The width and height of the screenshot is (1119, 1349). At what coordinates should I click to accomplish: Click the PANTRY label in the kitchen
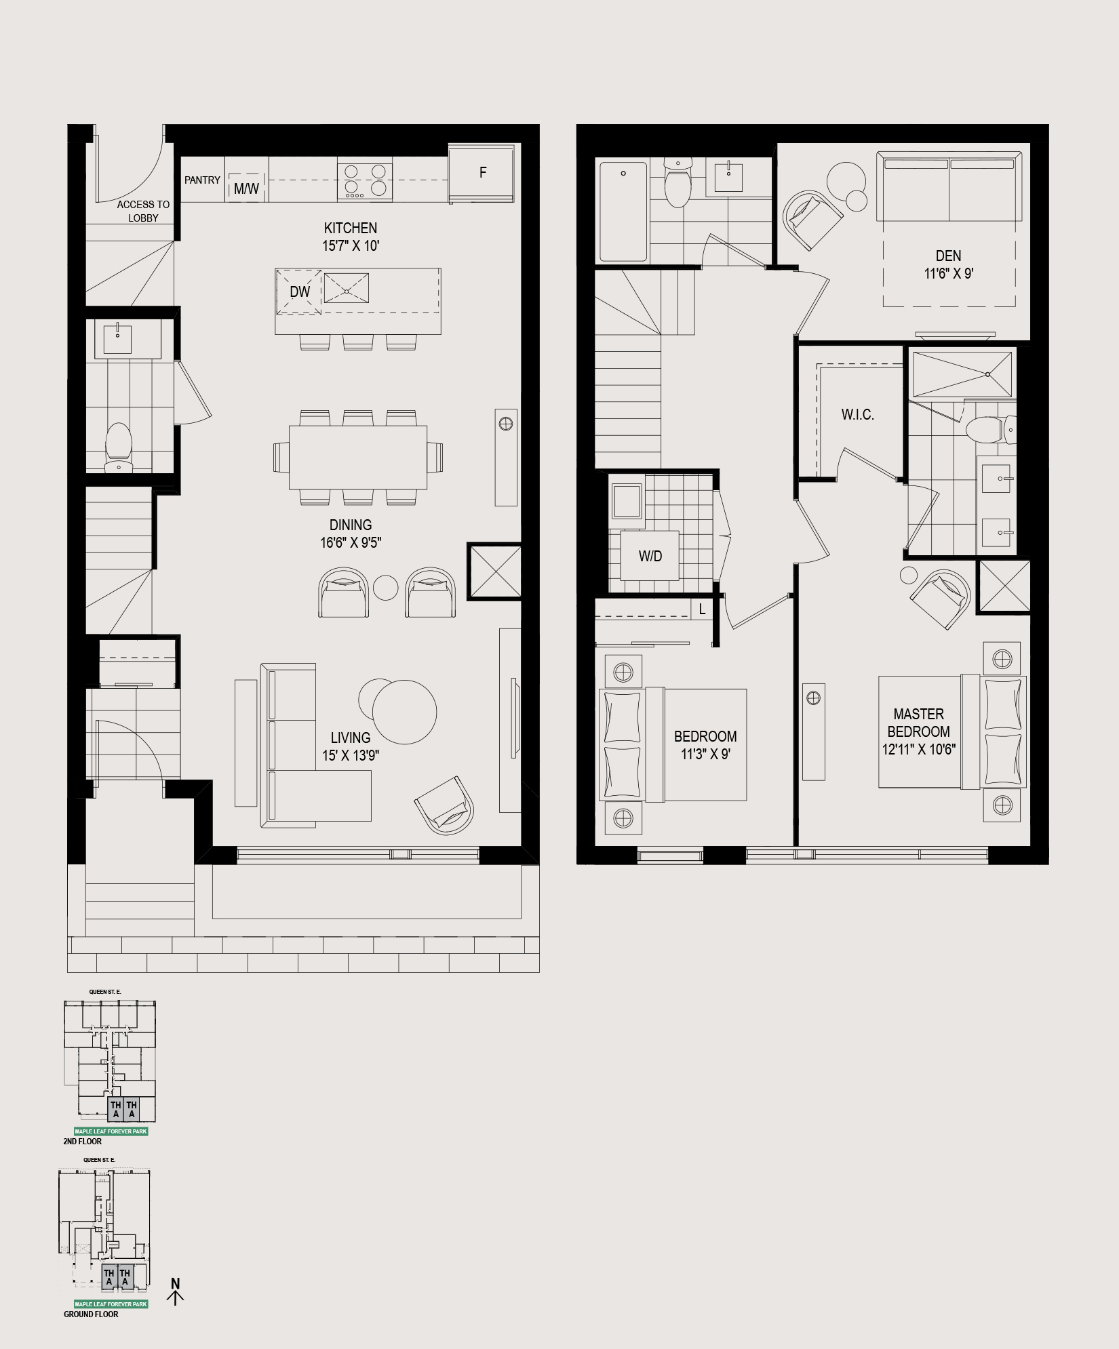pos(202,180)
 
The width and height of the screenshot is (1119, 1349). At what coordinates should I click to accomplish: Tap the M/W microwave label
pos(246,189)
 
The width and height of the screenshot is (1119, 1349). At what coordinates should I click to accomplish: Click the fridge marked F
pos(481,173)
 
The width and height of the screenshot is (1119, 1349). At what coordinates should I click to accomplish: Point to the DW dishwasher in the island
pos(299,292)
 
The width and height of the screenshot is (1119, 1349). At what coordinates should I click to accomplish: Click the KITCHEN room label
pos(351,228)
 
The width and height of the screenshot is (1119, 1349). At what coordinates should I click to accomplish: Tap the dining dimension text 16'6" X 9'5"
pos(351,542)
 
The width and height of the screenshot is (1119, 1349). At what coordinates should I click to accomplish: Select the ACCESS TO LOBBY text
pos(143,211)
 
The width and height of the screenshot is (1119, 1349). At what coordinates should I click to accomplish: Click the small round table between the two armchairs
pos(385,587)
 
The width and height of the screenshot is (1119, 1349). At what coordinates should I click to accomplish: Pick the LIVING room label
pos(351,738)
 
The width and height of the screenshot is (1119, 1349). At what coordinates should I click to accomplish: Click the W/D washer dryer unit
pos(650,556)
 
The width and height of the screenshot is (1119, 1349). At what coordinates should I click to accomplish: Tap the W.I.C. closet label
pos(858,414)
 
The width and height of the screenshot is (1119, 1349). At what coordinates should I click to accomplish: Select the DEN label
pos(948,256)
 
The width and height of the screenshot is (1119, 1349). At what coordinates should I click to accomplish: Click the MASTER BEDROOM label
pos(919,723)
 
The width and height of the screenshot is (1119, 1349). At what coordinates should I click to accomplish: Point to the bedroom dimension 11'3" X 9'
pos(705,754)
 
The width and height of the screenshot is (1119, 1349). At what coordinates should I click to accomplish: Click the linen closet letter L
pos(702,609)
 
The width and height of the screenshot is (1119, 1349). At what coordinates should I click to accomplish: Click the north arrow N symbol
pos(176,1284)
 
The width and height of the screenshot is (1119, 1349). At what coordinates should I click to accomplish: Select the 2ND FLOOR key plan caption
pos(83,1141)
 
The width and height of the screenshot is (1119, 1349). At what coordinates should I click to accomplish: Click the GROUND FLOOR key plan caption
pos(91,1314)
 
